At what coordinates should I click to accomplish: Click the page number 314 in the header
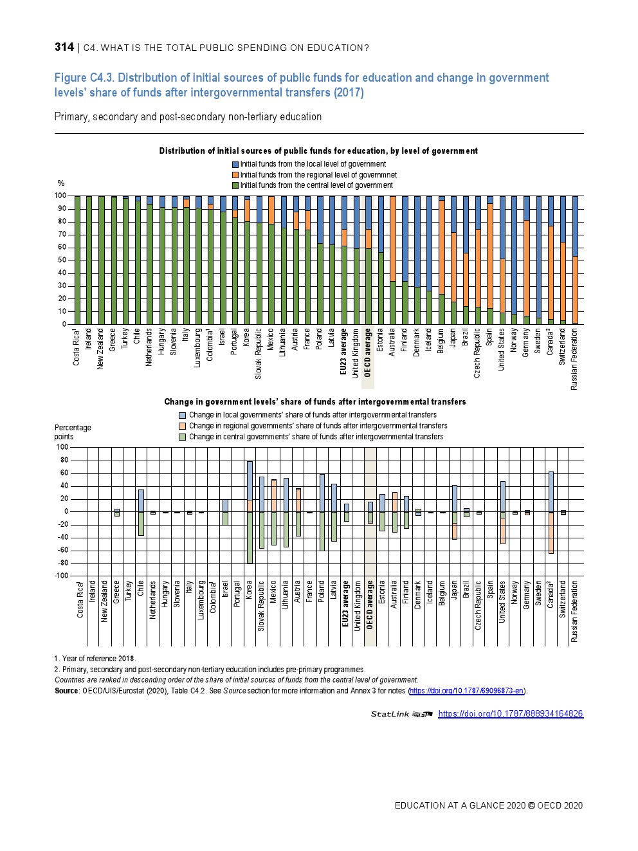pyautogui.click(x=64, y=47)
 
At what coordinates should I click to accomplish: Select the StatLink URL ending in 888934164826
pyautogui.click(x=511, y=713)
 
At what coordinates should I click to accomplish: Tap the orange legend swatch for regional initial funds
pyautogui.click(x=235, y=175)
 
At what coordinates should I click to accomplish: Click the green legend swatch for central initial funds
pyautogui.click(x=235, y=185)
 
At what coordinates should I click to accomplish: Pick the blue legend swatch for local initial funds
pyautogui.click(x=235, y=165)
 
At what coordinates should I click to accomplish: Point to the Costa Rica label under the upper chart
pyautogui.click(x=77, y=347)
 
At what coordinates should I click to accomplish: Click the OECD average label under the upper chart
pyautogui.click(x=368, y=352)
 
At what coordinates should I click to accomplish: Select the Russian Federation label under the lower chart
pyautogui.click(x=574, y=611)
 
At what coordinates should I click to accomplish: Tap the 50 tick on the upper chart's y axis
pyautogui.click(x=61, y=260)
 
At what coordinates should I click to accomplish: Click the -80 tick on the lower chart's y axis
pyautogui.click(x=63, y=563)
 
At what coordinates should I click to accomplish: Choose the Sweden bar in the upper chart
pyautogui.click(x=539, y=260)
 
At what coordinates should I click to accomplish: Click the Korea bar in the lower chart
pyautogui.click(x=250, y=512)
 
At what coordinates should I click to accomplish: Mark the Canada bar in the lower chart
pyautogui.click(x=551, y=512)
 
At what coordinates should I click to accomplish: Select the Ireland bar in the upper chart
pyautogui.click(x=89, y=260)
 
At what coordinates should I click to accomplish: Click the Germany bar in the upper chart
pyautogui.click(x=527, y=260)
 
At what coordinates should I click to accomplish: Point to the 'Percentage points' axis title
pyautogui.click(x=73, y=432)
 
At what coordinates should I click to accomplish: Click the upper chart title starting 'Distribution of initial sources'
pyautogui.click(x=318, y=151)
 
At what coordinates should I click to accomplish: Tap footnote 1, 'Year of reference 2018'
pyautogui.click(x=95, y=659)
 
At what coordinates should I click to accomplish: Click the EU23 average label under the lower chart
pyautogui.click(x=345, y=603)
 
